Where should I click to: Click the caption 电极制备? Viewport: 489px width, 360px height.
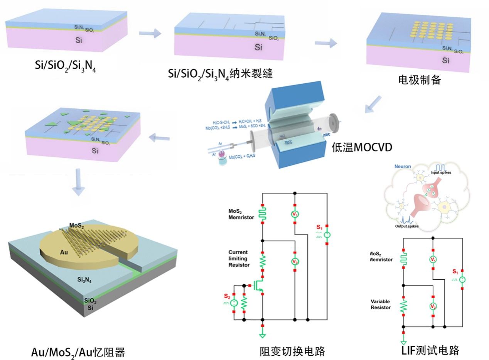(x=419, y=80)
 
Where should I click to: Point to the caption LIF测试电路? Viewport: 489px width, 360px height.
(x=430, y=350)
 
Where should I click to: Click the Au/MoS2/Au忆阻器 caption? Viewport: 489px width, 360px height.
(x=78, y=352)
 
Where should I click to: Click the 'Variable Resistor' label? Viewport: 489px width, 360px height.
(x=381, y=304)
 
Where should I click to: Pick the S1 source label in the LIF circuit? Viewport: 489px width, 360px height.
(x=455, y=272)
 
